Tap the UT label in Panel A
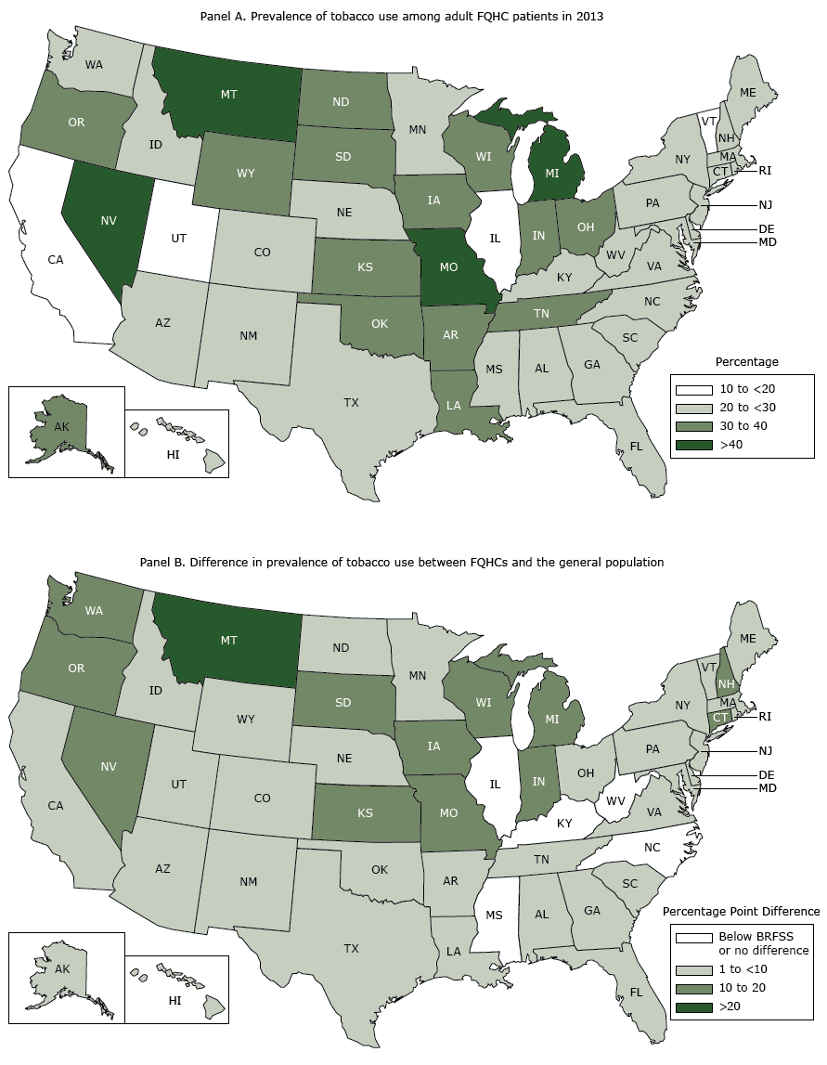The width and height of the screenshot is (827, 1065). (x=180, y=239)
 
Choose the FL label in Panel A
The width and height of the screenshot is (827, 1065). (x=636, y=446)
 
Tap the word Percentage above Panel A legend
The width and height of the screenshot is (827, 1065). (x=747, y=361)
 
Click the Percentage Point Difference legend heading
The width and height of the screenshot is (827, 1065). (x=745, y=912)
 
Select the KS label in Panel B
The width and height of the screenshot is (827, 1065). (x=367, y=812)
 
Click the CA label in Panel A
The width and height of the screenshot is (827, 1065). (x=56, y=261)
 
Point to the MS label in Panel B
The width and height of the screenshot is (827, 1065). (x=494, y=916)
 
